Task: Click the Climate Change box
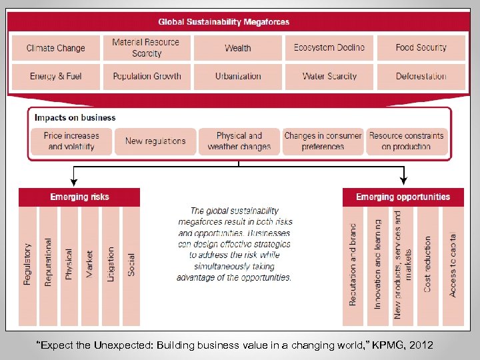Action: tap(56, 48)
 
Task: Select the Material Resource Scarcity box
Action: tap(147, 48)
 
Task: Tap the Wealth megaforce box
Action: tap(238, 48)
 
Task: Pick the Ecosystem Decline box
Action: tap(329, 48)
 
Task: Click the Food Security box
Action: tap(421, 48)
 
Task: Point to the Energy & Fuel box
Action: tap(56, 76)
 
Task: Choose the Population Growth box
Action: tap(147, 76)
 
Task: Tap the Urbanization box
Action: tap(238, 76)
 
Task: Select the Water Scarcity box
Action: tap(329, 76)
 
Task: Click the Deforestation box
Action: tap(421, 76)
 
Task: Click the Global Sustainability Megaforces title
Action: tap(224, 22)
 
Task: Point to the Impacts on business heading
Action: tap(75, 118)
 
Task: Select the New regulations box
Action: tap(155, 141)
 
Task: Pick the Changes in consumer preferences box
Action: tap(323, 141)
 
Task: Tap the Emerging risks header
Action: tap(79, 197)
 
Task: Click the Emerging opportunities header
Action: tap(403, 197)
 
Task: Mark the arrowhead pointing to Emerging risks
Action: tap(73, 181)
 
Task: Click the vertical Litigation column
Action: tap(111, 264)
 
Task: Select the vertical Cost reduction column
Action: tap(427, 264)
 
